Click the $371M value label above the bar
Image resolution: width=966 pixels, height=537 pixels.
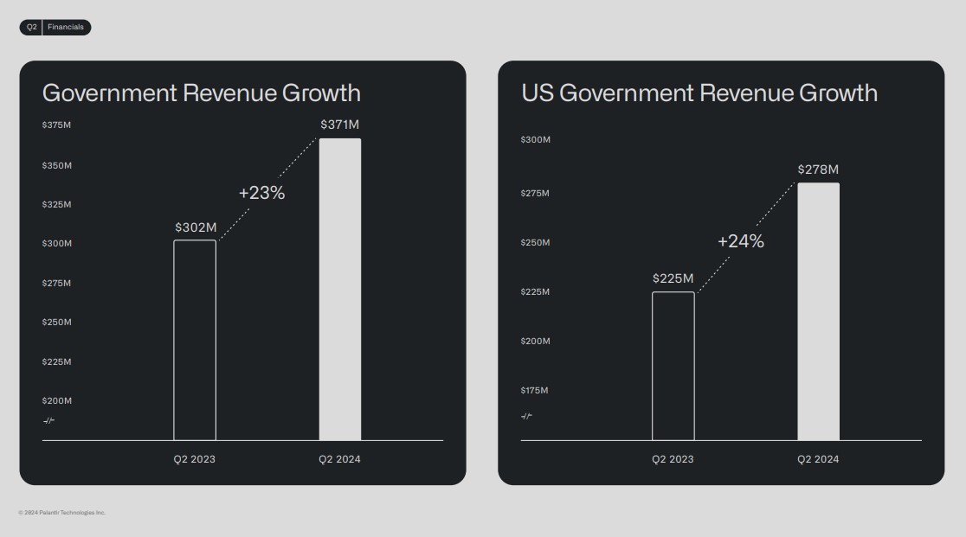tap(339, 125)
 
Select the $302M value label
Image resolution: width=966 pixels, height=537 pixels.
tap(195, 227)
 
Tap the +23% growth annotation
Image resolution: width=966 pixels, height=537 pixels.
tap(261, 193)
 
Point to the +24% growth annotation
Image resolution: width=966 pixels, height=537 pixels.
tap(740, 241)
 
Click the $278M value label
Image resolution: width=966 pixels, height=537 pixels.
tap(818, 169)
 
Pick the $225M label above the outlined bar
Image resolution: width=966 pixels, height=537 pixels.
tap(673, 278)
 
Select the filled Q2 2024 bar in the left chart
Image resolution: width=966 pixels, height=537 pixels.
tap(339, 290)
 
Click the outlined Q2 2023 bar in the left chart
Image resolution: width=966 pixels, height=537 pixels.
tap(195, 340)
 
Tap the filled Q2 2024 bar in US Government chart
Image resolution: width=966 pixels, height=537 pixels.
tap(818, 311)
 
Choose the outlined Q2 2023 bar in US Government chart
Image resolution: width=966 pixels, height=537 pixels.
tap(673, 366)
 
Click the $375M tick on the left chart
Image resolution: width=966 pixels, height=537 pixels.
tap(56, 125)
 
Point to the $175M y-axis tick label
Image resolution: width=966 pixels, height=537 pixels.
tap(534, 391)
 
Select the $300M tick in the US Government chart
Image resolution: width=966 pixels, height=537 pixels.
tap(535, 140)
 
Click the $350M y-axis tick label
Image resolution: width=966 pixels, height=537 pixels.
tap(56, 165)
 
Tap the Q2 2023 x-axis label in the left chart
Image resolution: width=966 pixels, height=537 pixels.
tap(195, 459)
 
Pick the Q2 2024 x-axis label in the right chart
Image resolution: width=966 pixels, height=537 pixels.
tap(818, 459)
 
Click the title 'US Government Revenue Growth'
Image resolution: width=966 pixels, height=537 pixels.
tap(699, 93)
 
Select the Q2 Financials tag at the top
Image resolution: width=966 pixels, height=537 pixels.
tap(55, 28)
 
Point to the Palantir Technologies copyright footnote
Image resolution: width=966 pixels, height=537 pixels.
tap(61, 513)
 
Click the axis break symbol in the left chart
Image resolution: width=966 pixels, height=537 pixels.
tap(48, 421)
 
